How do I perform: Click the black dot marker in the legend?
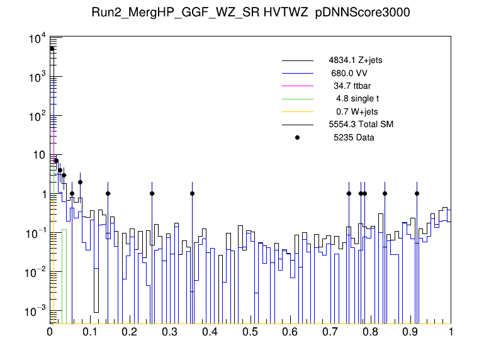pos(298,137)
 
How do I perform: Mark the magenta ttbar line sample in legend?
pos(298,86)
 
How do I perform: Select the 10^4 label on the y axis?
pos(37,39)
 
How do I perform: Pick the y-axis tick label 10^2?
pos(37,116)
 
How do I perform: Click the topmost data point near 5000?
pos(52,48)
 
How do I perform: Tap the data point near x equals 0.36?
pos(192,193)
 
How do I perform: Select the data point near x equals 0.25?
pos(152,193)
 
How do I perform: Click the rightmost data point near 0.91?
pos(417,193)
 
